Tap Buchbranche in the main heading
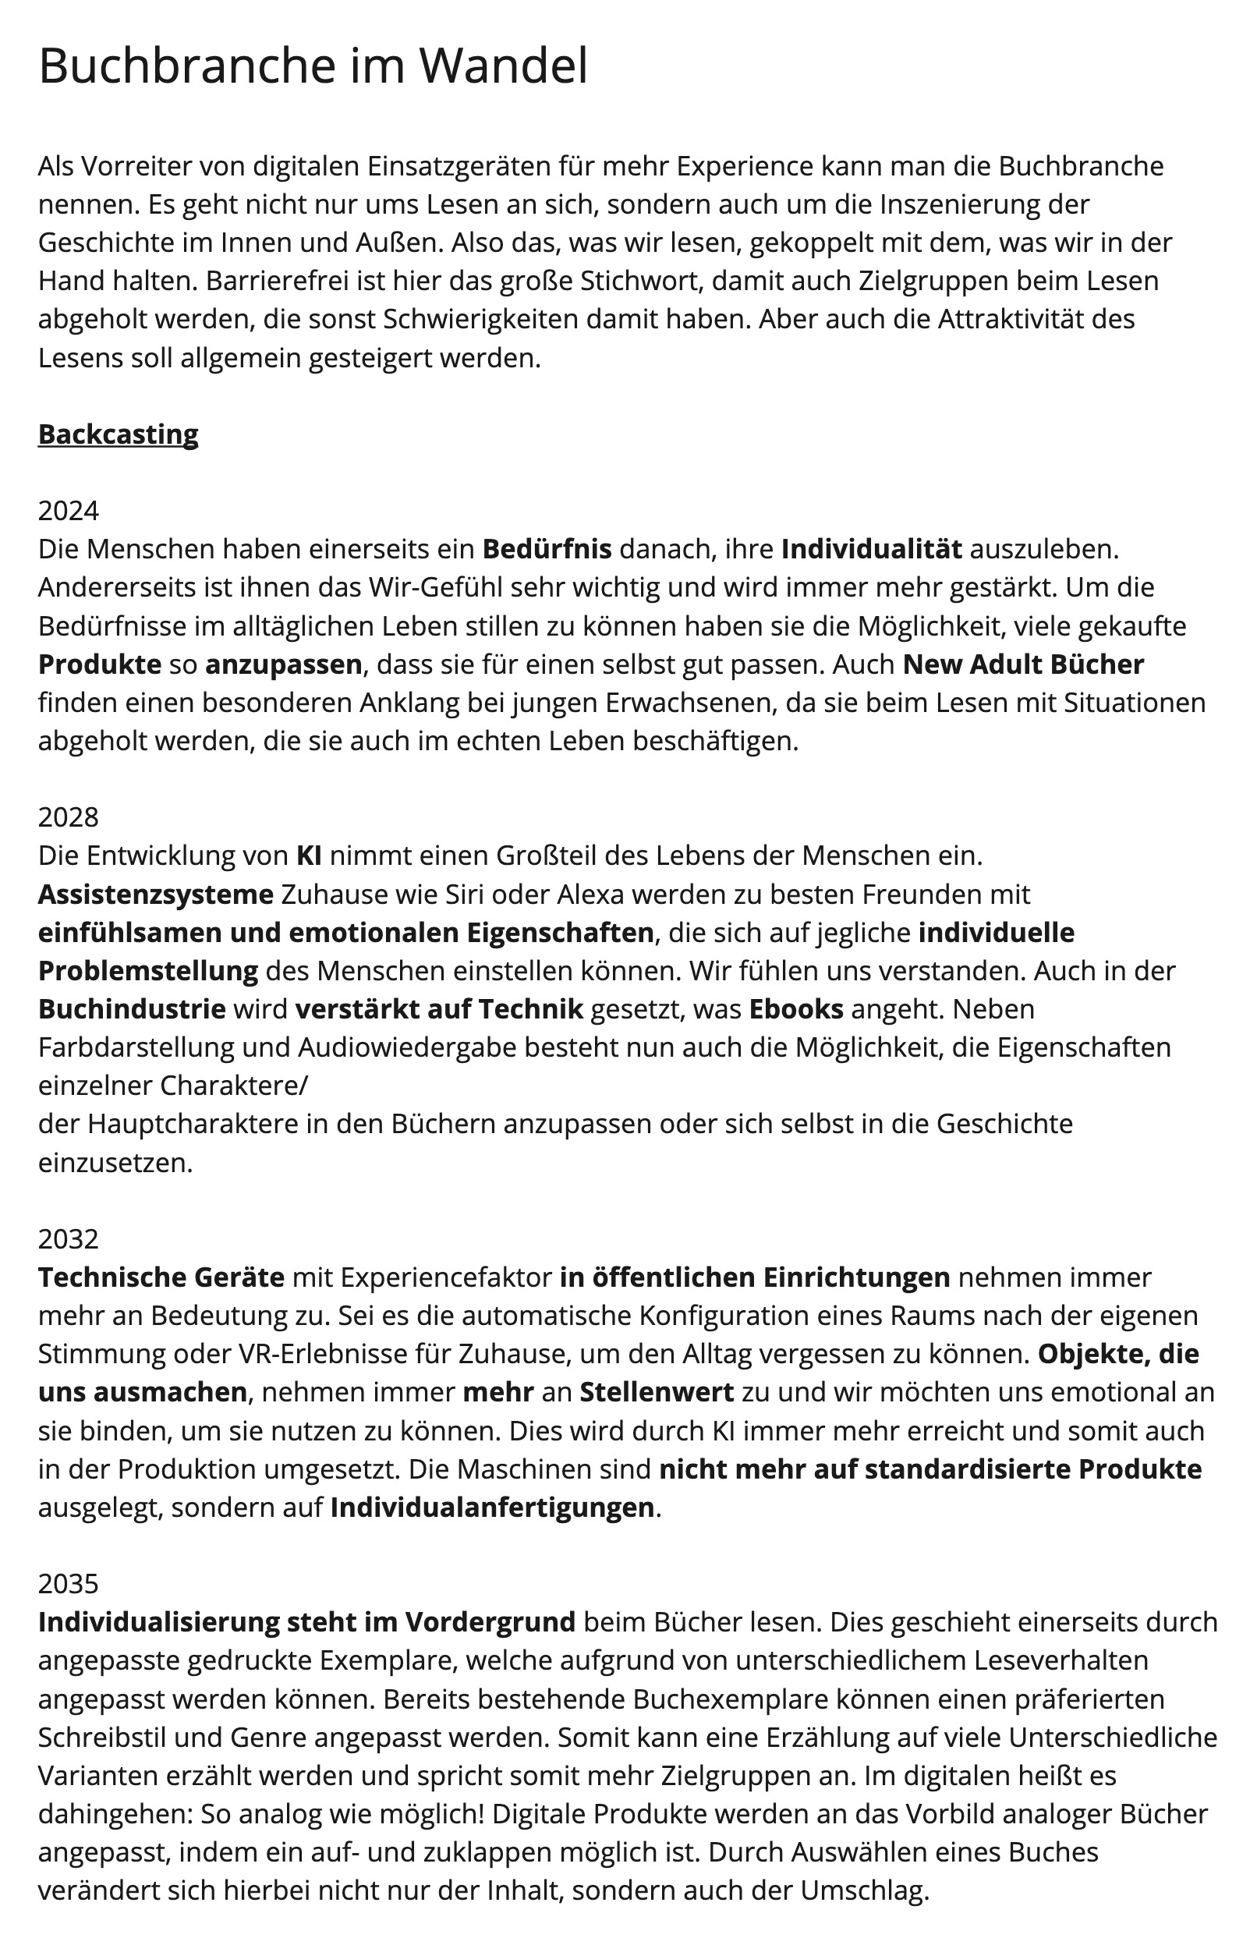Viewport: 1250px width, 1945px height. (x=186, y=66)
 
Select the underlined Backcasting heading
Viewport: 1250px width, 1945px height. (x=118, y=434)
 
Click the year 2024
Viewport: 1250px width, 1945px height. (x=68, y=511)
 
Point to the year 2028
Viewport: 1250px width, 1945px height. (x=68, y=817)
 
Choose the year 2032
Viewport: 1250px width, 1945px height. (x=68, y=1239)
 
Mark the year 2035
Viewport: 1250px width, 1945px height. (x=68, y=1584)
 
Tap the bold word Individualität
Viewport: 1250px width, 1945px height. (x=871, y=550)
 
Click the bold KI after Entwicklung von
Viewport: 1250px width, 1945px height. (x=309, y=856)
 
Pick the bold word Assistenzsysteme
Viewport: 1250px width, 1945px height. (x=156, y=895)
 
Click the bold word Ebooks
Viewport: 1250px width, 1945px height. (x=795, y=1009)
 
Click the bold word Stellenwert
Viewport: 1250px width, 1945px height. (x=656, y=1392)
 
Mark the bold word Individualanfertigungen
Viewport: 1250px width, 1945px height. (x=492, y=1507)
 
